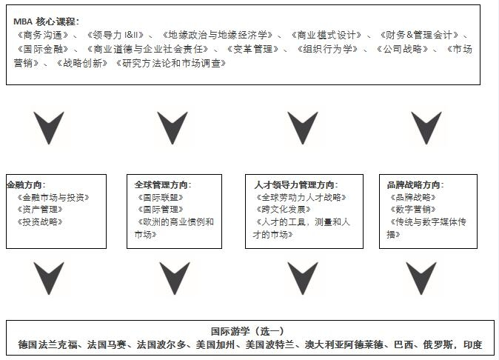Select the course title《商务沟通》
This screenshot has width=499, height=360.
pos(43,35)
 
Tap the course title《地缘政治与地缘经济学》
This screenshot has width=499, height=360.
pos(218,35)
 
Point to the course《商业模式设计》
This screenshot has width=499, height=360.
pos(326,35)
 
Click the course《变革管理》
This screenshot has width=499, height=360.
pos(252,49)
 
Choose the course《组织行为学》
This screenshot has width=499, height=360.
pos(327,49)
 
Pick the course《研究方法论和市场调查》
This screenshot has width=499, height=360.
pos(171,64)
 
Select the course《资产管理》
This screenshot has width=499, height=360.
pos(40,210)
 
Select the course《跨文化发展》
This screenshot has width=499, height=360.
pos(284,210)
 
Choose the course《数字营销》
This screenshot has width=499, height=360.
pos(413,210)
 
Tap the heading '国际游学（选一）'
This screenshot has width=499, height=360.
pos(247,331)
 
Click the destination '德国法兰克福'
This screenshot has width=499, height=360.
pos(47,344)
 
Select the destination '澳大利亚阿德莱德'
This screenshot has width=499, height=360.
pos(344,344)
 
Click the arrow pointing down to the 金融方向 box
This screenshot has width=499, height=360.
pos(49,127)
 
